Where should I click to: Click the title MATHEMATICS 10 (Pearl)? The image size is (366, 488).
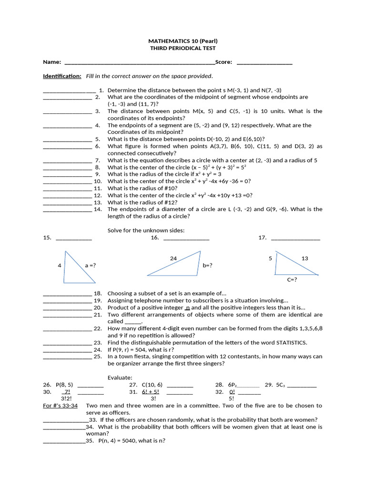pyautogui.click(x=183, y=41)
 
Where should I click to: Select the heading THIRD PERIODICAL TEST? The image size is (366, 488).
pyautogui.click(x=183, y=48)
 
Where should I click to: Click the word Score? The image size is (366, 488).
pyautogui.click(x=224, y=62)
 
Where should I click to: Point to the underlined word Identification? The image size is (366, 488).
pyautogui.click(x=62, y=76)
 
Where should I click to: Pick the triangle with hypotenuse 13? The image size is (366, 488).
pyautogui.click(x=291, y=268)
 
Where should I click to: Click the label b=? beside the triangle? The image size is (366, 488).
pyautogui.click(x=207, y=265)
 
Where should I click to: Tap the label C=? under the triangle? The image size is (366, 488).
pyautogui.click(x=292, y=280)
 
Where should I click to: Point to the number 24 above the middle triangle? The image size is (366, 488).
pyautogui.click(x=173, y=258)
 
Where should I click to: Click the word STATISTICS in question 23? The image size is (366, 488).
pyautogui.click(x=291, y=343)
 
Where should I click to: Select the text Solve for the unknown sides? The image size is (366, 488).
pyautogui.click(x=146, y=230)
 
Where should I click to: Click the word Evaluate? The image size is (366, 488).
pyautogui.click(x=120, y=377)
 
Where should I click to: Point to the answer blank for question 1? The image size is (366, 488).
pyautogui.click(x=70, y=91)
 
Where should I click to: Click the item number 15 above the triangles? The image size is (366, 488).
pyautogui.click(x=47, y=237)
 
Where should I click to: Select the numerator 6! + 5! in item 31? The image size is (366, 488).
pyautogui.click(x=150, y=392)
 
